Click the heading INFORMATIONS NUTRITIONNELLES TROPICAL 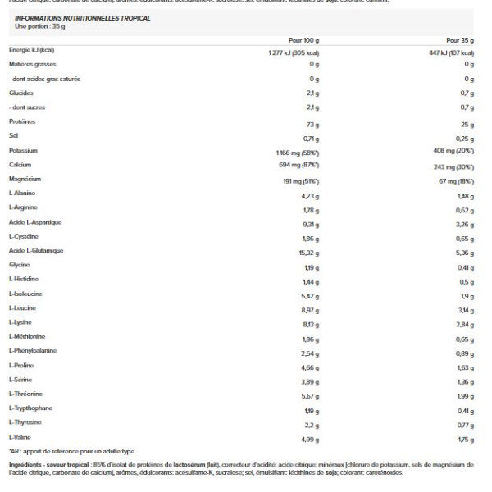pos(82,17)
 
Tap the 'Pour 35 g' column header pos(461,39)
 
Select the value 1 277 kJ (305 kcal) pos(293,52)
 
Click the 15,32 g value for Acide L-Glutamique pos(307,251)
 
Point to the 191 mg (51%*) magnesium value pos(299,180)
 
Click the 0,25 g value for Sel pos(465,137)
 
